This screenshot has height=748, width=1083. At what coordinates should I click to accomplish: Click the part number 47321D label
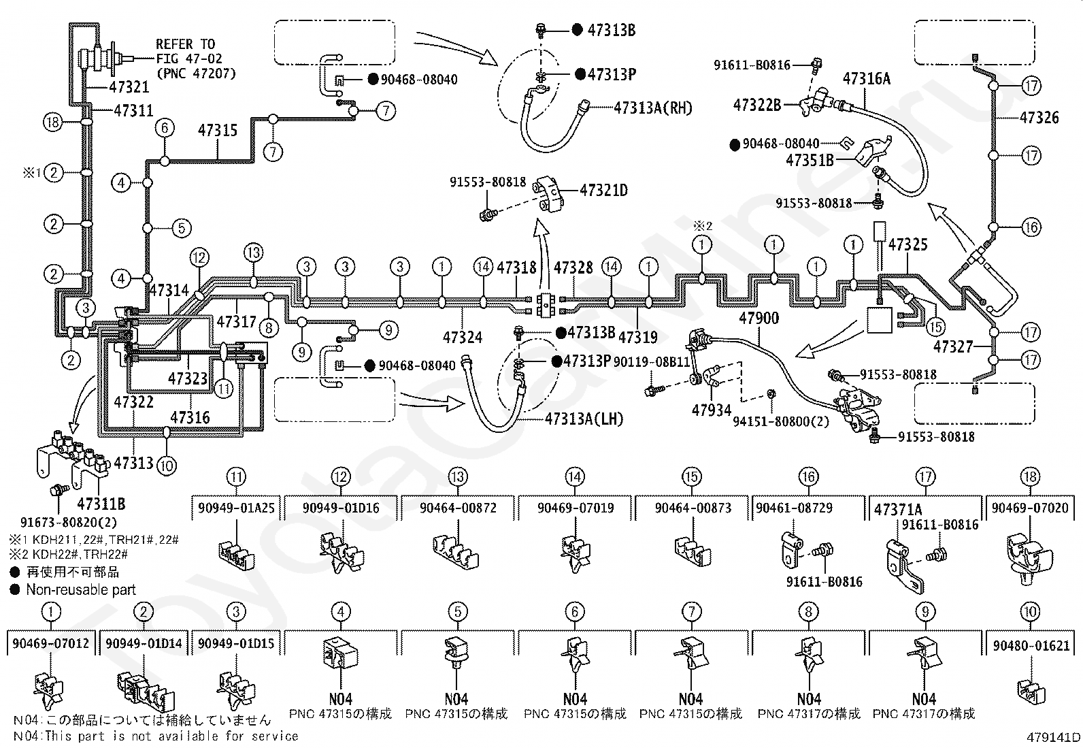click(x=603, y=191)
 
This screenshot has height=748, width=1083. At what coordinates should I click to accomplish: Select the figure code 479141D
click(x=1053, y=737)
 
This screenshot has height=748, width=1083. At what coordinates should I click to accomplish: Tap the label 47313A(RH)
click(x=652, y=108)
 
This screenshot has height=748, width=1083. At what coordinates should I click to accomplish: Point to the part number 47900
click(x=759, y=318)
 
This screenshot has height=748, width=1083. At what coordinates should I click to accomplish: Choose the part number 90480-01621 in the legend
click(x=1031, y=645)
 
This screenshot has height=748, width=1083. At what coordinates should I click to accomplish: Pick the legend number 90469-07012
click(x=51, y=643)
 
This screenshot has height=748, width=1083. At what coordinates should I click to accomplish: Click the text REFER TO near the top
click(x=185, y=44)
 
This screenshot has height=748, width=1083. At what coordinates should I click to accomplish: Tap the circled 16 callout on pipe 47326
click(x=1031, y=227)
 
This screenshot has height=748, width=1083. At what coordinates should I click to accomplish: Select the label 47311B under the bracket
click(x=101, y=504)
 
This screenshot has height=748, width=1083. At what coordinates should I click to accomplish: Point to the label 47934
click(x=711, y=410)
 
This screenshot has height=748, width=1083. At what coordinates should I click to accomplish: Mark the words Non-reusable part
click(x=81, y=590)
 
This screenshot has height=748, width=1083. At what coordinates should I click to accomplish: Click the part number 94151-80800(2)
click(x=781, y=422)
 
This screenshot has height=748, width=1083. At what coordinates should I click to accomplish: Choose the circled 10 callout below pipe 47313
click(x=167, y=466)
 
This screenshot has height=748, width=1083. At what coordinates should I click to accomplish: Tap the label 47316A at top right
click(x=867, y=79)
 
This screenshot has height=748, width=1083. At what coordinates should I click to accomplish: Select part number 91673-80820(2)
click(x=69, y=523)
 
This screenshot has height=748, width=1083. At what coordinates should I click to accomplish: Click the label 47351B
click(x=810, y=160)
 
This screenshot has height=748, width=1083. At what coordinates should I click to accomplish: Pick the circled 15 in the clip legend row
click(x=691, y=476)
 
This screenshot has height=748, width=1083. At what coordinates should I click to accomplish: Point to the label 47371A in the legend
click(x=898, y=510)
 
